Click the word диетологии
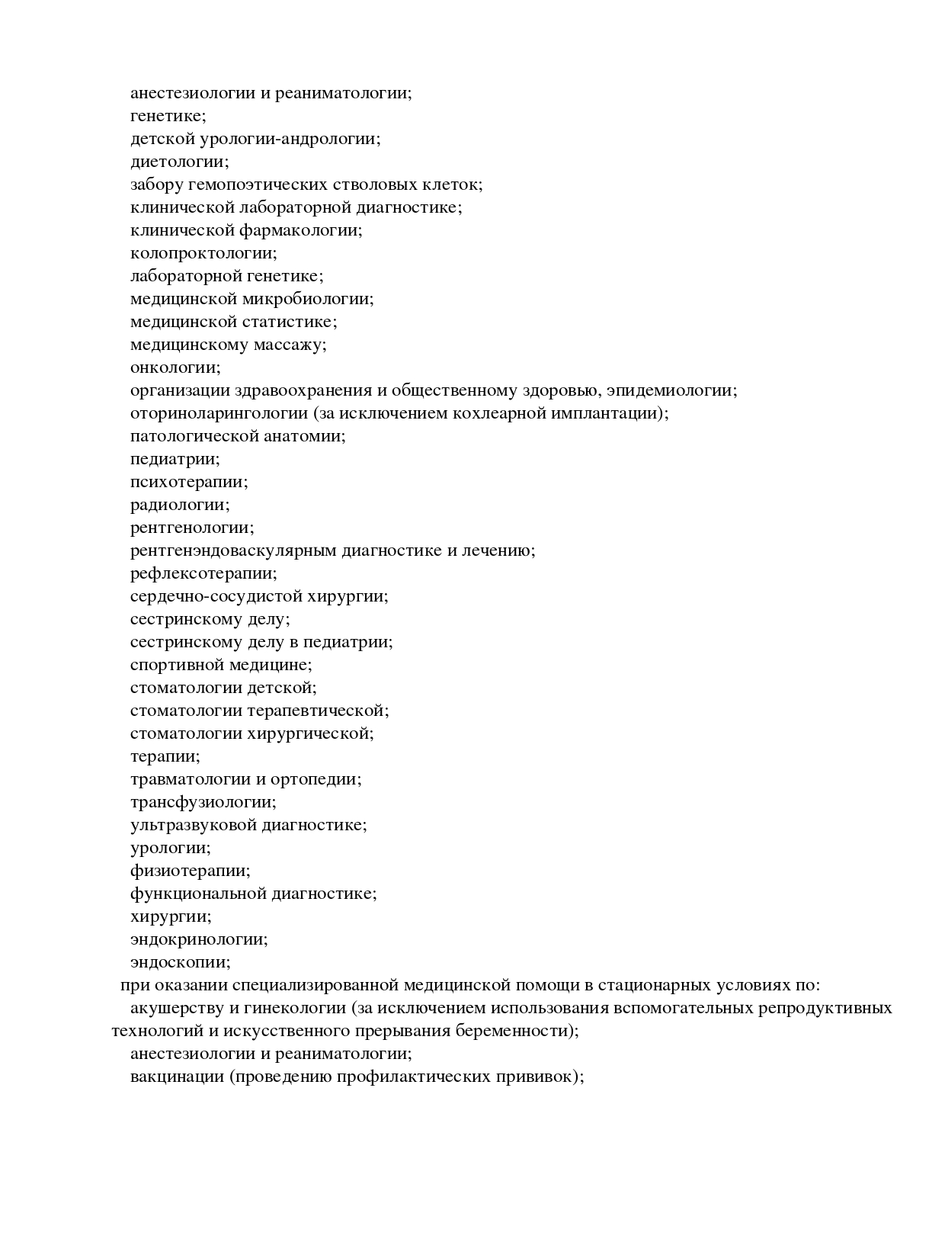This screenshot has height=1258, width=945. click(x=179, y=162)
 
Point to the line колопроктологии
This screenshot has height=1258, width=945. click(x=203, y=253)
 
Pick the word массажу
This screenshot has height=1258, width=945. click(x=290, y=345)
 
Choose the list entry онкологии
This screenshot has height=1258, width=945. click(x=175, y=367)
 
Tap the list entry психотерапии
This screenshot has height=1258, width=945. click(x=189, y=482)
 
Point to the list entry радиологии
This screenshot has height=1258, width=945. click(x=180, y=505)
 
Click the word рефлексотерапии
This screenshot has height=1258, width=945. click(x=203, y=573)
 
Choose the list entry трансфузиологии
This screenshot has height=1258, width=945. click(x=203, y=802)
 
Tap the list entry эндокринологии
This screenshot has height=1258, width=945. click(x=199, y=939)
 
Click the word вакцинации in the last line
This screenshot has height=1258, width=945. click(x=176, y=1077)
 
